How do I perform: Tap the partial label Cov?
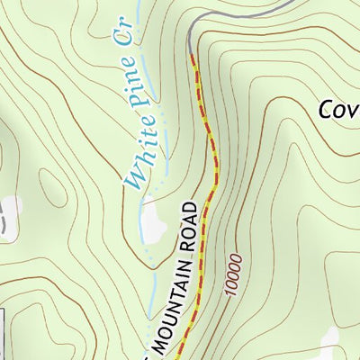(339, 109)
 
